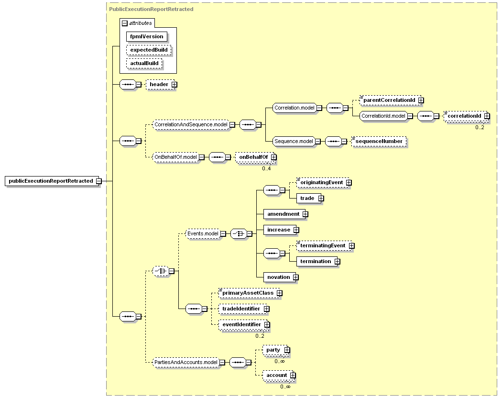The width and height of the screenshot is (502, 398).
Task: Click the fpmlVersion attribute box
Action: [147, 36]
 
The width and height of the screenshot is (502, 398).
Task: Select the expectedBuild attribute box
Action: [149, 50]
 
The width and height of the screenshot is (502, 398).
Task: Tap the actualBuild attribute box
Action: [144, 64]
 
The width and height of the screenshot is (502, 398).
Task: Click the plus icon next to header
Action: [174, 85]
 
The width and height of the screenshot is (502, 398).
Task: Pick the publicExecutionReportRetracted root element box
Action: [51, 181]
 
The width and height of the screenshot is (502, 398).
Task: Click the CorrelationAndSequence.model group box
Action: [191, 125]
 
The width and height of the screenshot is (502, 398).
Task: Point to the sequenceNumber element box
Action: [379, 141]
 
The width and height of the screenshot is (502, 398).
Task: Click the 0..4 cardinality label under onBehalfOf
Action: [266, 168]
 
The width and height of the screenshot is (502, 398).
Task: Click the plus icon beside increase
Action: [296, 230]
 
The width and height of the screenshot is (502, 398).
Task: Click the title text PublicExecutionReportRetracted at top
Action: [151, 9]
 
